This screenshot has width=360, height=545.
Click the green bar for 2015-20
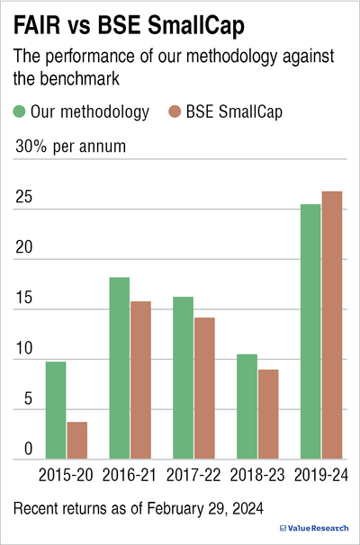56,410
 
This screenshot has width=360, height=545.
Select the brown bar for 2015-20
77,441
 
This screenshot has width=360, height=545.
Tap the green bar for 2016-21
119,368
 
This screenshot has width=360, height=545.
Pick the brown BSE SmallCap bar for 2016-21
140,380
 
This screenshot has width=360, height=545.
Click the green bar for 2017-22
183,378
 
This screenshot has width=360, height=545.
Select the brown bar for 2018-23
268,415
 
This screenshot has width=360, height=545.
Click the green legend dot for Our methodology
20,112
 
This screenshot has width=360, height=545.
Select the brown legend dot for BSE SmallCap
175,112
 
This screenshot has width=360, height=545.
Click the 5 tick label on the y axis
28,400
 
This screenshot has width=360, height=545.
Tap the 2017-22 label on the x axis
193,473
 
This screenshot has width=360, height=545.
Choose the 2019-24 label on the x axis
320,473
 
